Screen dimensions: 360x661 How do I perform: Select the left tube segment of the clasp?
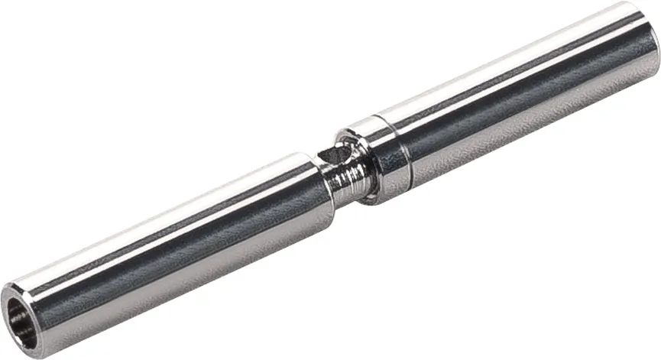(x=168, y=245)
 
